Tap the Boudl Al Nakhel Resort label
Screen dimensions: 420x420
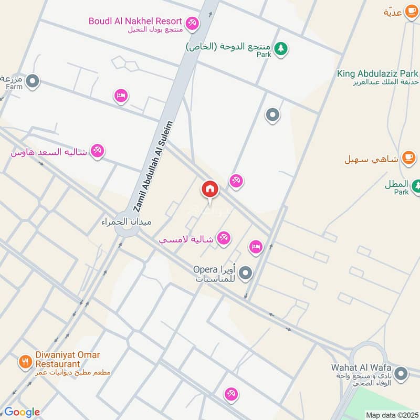tap(135, 21)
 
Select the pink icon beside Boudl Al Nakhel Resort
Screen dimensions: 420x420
tap(192, 23)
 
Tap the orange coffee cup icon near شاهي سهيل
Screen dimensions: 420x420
tap(408, 157)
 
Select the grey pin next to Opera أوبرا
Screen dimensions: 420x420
tap(245, 273)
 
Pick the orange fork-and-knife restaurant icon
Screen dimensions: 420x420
tap(24, 361)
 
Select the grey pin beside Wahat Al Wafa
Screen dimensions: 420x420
tap(401, 373)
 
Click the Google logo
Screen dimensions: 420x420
tap(22, 412)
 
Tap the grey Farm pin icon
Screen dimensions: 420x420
tap(33, 81)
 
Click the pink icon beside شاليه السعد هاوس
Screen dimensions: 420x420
tap(97, 152)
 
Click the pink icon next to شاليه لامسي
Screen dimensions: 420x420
tap(224, 238)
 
